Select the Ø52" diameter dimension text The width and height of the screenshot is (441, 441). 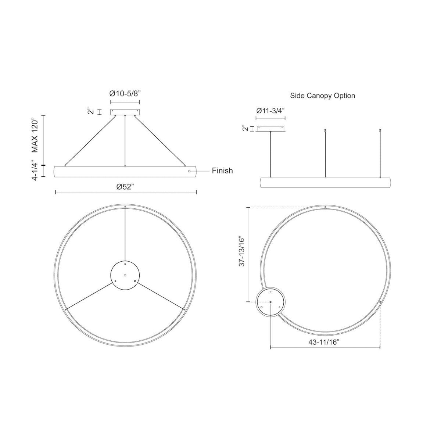pos(125,186)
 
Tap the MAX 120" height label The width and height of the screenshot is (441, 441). pos(35,135)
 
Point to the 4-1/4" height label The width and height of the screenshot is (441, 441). pos(35,171)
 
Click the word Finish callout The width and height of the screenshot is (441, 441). pos(222,171)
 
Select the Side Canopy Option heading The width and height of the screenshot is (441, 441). pos(322,96)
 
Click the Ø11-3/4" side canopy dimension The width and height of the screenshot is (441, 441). pos(270,110)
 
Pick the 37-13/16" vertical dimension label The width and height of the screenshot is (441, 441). pos(241,251)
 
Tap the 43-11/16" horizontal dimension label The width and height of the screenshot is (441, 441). pos(324,342)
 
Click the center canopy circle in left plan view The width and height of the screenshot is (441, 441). pos(125,275)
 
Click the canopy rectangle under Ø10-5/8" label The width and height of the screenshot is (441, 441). pos(125,112)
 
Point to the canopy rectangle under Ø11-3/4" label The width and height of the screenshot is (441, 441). pos(271,129)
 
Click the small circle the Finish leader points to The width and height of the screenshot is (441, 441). pos(189,171)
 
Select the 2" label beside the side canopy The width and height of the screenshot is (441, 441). pos(245,128)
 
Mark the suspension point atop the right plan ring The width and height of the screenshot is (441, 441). pos(326,207)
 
